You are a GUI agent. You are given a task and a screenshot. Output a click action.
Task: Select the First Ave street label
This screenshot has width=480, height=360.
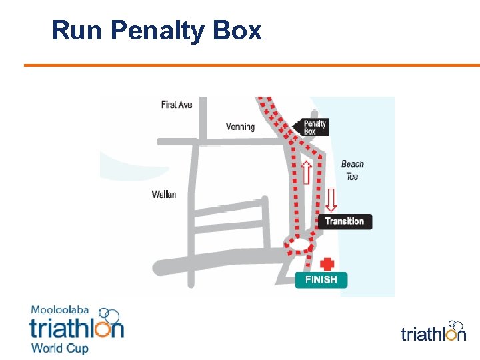(177, 105)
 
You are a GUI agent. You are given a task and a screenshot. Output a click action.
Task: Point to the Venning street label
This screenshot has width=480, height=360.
(241, 127)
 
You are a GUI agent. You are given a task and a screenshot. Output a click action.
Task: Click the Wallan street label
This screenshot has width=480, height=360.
(164, 195)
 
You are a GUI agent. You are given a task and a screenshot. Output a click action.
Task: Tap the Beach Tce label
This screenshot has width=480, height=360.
(353, 170)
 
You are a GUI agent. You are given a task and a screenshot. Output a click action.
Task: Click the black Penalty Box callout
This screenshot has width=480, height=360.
(315, 127)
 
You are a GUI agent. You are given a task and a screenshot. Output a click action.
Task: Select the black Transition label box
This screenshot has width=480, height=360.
(345, 221)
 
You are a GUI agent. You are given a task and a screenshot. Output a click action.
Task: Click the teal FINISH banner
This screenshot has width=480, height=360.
(321, 280)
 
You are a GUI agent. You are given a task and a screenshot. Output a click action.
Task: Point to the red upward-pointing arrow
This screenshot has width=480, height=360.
(307, 172)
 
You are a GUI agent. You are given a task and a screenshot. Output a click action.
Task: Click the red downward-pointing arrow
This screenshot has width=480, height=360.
(331, 199)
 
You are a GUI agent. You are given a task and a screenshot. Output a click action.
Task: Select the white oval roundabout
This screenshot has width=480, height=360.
(299, 247)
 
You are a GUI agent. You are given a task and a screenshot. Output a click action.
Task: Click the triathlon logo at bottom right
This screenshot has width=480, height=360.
(433, 331)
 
